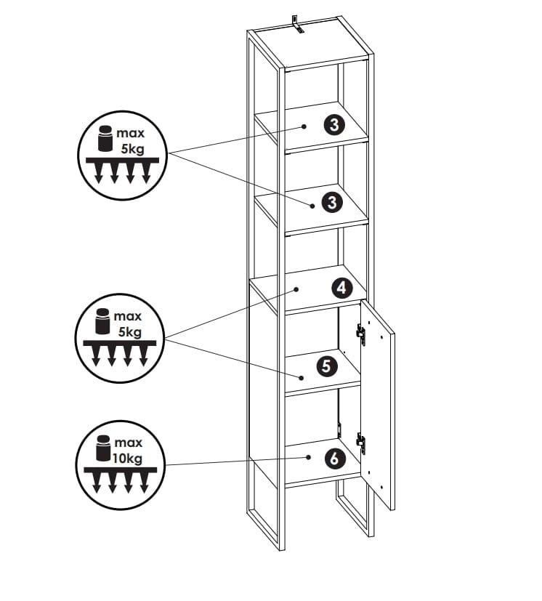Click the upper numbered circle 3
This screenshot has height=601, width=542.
point(333,125)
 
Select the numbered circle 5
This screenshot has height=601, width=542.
point(326,366)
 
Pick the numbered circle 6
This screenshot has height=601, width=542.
point(333,459)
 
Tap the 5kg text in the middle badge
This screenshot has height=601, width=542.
point(129,332)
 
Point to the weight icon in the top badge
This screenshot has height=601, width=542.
point(105,139)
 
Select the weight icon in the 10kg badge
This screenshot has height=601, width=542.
point(102,449)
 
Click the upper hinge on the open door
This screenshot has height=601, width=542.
point(360,334)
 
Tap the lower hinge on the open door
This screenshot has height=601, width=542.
point(361,441)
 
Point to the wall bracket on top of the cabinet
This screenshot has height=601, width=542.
point(296,23)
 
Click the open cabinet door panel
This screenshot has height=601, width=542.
point(378,407)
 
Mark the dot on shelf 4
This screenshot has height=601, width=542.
point(296,289)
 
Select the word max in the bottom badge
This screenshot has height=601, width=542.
point(128,443)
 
